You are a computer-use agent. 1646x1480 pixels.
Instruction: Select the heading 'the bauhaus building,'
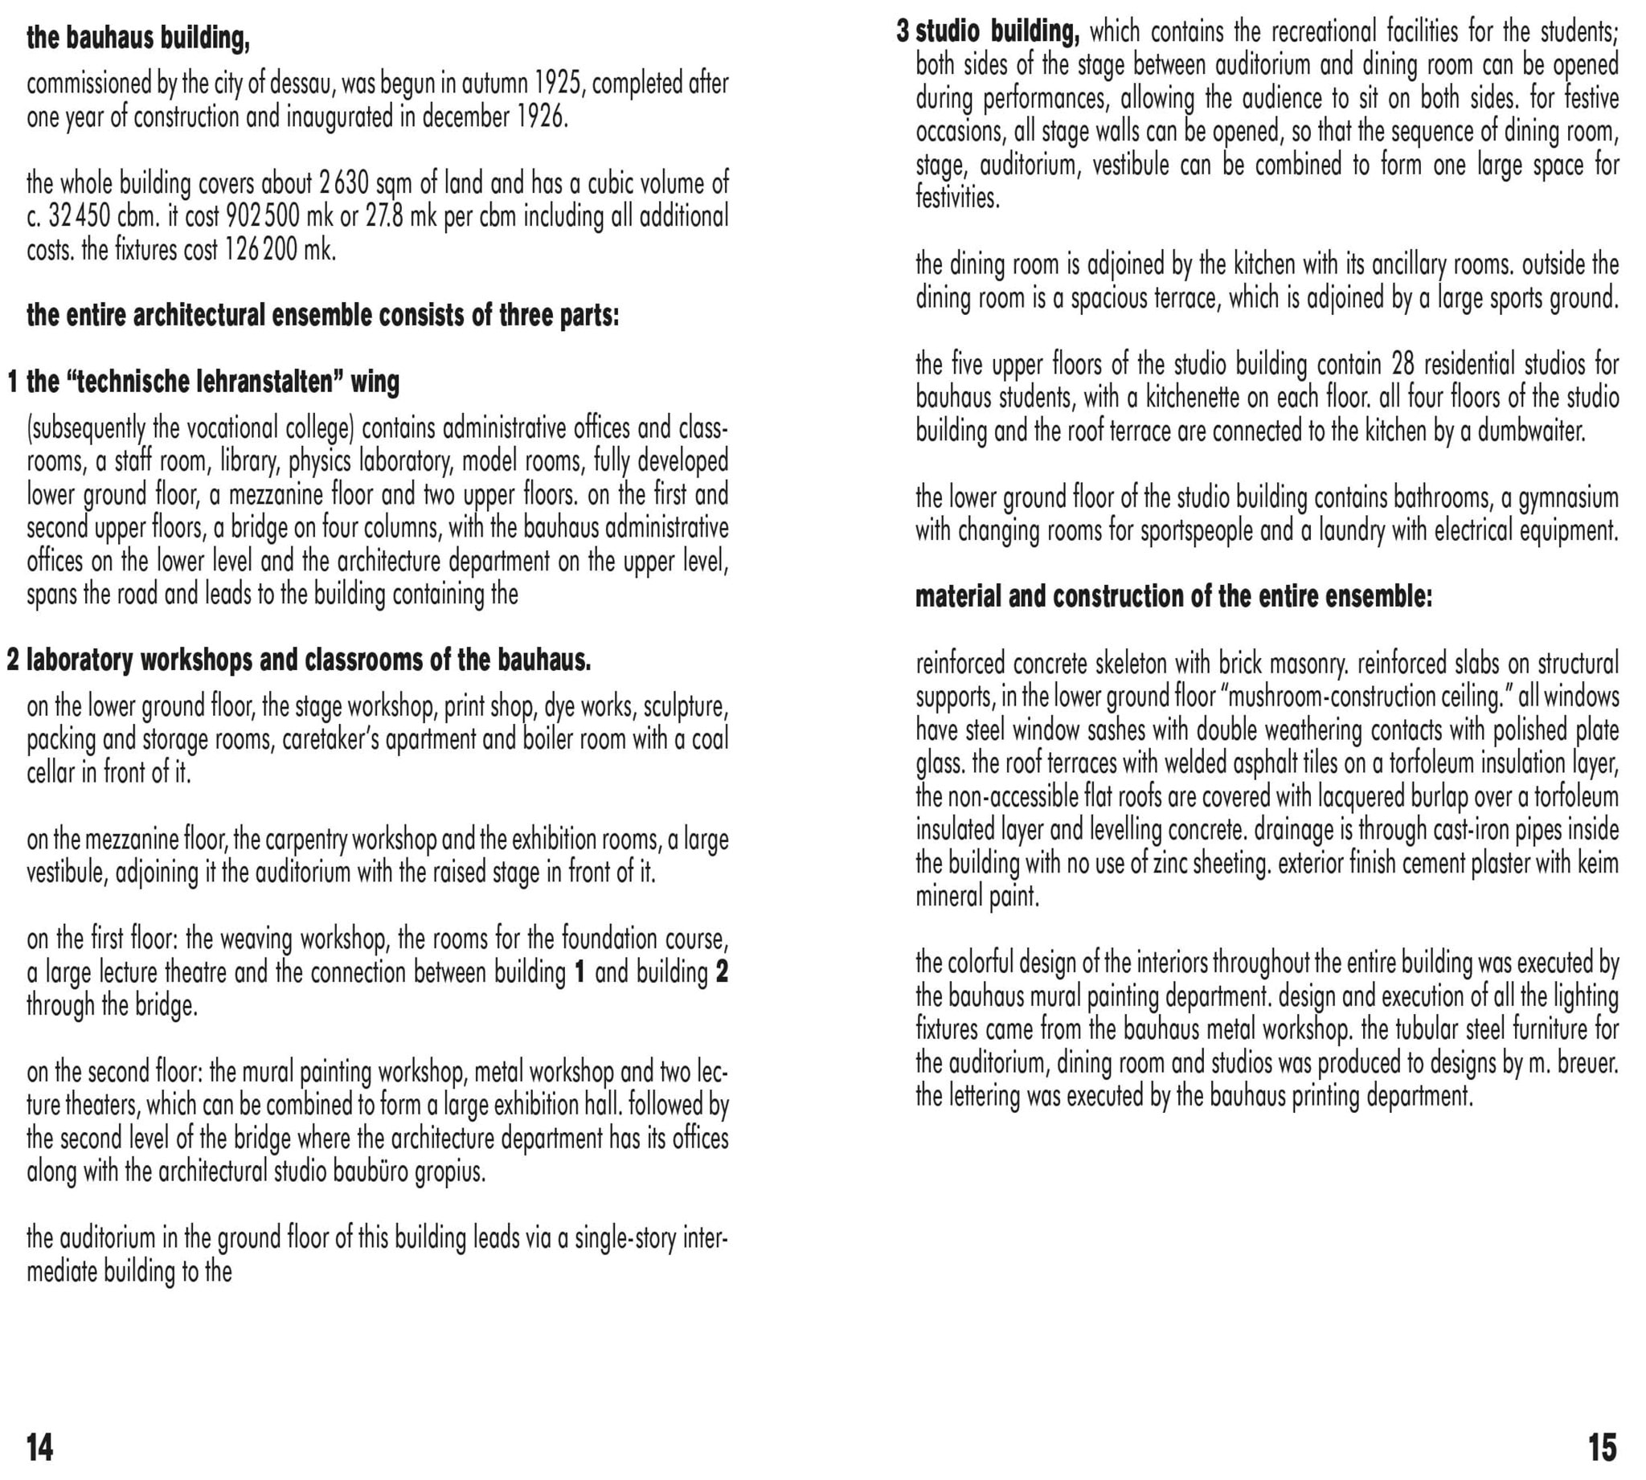click(138, 38)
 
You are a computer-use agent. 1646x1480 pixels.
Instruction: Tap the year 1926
click(539, 117)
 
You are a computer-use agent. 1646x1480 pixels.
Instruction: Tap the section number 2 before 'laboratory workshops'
click(13, 660)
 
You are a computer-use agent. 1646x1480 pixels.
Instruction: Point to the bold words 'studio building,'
click(998, 31)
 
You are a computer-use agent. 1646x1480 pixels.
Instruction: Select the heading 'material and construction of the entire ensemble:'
click(1173, 597)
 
